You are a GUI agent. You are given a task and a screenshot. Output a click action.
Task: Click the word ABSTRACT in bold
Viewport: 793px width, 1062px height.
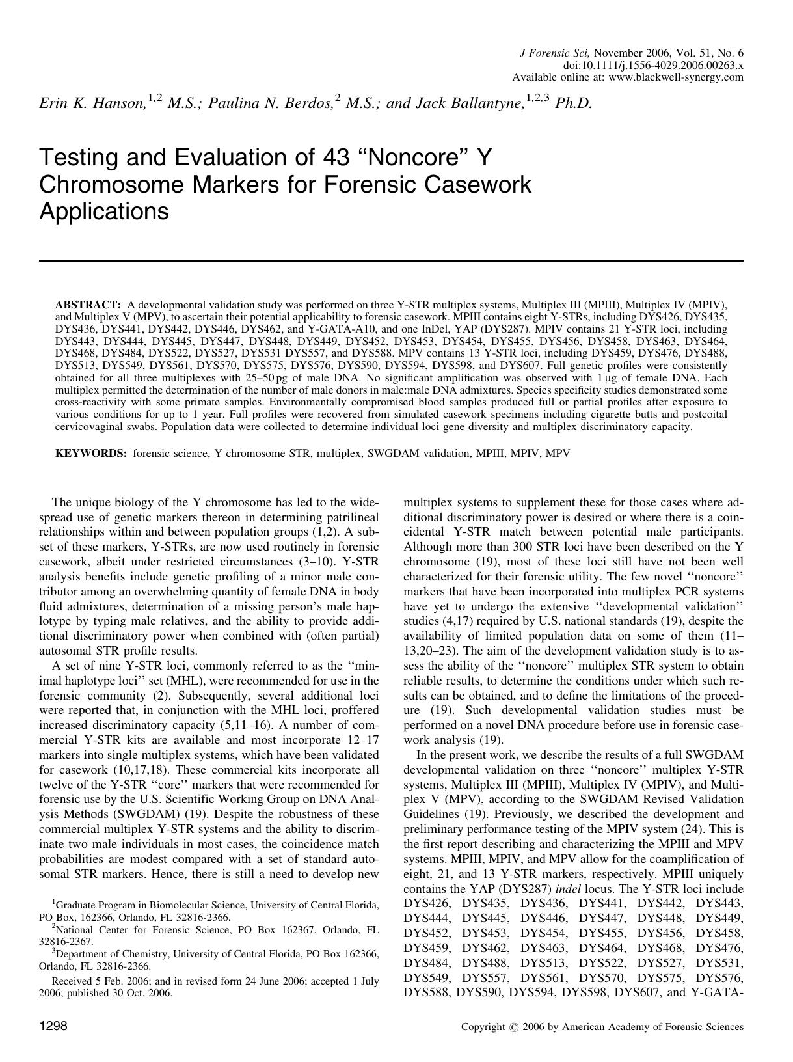(x=88, y=305)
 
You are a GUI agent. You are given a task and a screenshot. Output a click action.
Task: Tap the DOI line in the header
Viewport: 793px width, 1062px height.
(x=653, y=66)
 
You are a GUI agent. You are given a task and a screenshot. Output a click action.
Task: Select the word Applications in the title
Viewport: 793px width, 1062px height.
(x=104, y=211)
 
